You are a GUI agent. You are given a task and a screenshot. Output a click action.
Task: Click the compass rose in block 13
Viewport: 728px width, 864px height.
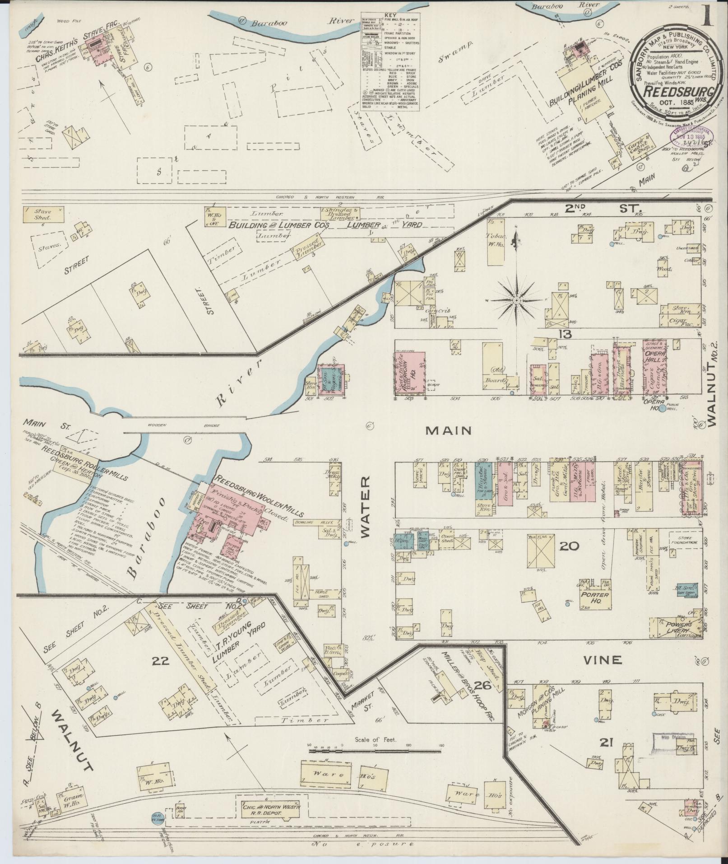tap(516, 300)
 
